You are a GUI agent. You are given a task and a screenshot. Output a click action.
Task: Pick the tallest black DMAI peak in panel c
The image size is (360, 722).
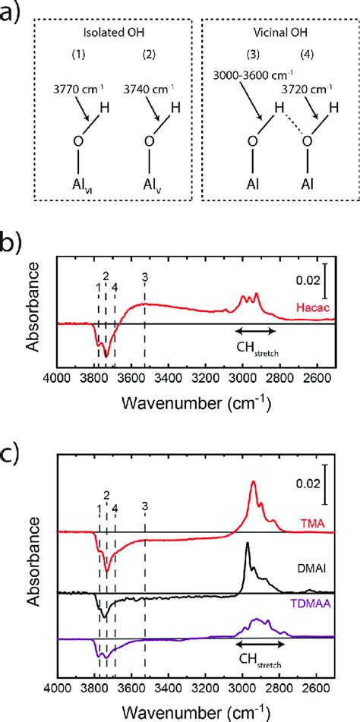[247, 544]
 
